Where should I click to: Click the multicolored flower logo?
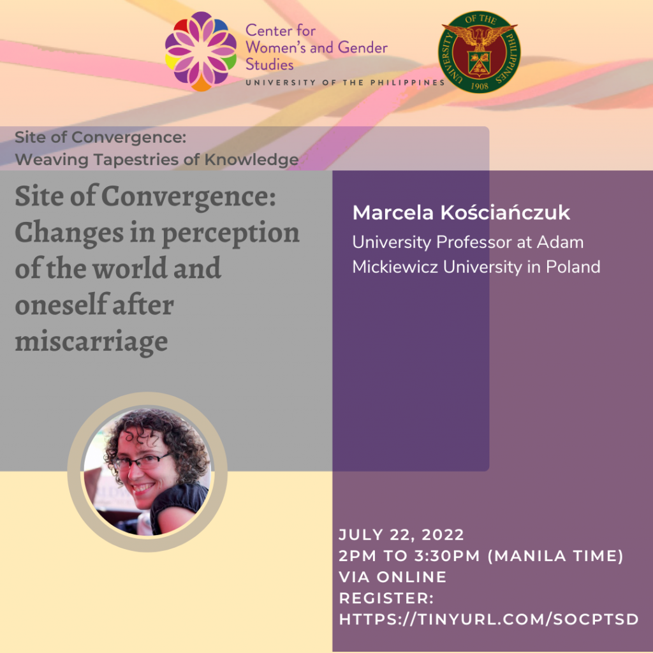(x=201, y=51)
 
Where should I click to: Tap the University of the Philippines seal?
(x=479, y=52)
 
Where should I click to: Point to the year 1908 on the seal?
(x=480, y=86)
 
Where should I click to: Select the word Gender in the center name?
(x=363, y=47)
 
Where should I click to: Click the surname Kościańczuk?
(x=505, y=212)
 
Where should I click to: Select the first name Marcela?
(x=393, y=212)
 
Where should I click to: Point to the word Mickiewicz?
(x=395, y=267)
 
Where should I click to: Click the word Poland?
(x=573, y=267)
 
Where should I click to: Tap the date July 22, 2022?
(x=402, y=535)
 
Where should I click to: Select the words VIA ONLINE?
(x=393, y=577)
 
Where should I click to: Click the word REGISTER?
(x=386, y=598)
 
